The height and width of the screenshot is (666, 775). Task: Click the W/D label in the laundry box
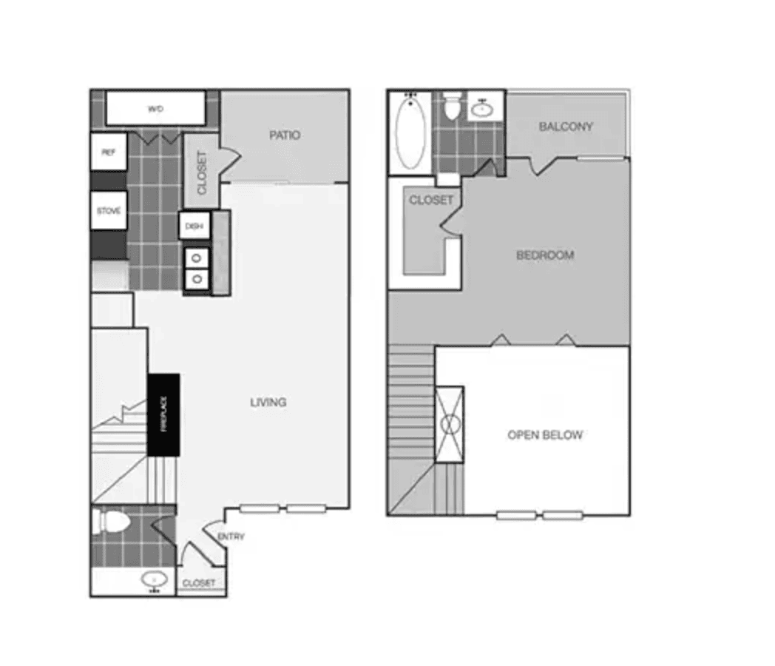[x=155, y=109]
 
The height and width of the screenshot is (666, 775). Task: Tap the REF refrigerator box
[x=109, y=152]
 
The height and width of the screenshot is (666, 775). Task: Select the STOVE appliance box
[x=109, y=211]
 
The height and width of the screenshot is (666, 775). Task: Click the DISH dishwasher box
[x=194, y=226]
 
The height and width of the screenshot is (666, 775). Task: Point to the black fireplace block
[x=163, y=414]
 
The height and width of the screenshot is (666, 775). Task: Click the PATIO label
[x=285, y=135]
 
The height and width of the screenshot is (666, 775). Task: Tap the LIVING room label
[x=268, y=403]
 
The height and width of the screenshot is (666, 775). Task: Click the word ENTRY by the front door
[x=231, y=536]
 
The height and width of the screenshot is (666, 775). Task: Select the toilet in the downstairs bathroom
[x=112, y=522]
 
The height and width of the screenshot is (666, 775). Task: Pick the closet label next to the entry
[x=199, y=583]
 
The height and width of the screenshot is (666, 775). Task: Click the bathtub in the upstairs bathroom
[x=410, y=132]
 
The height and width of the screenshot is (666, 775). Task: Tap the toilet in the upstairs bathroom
[x=453, y=108]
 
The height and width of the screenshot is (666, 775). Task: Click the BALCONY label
[x=566, y=127]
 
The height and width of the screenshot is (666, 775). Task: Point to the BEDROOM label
[x=545, y=255]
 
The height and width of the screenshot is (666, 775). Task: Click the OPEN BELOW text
[x=545, y=435]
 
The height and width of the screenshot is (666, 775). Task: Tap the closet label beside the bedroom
[x=430, y=200]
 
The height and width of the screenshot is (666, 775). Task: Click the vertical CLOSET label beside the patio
[x=202, y=172]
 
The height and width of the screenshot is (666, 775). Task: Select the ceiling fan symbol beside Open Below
[x=450, y=423]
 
